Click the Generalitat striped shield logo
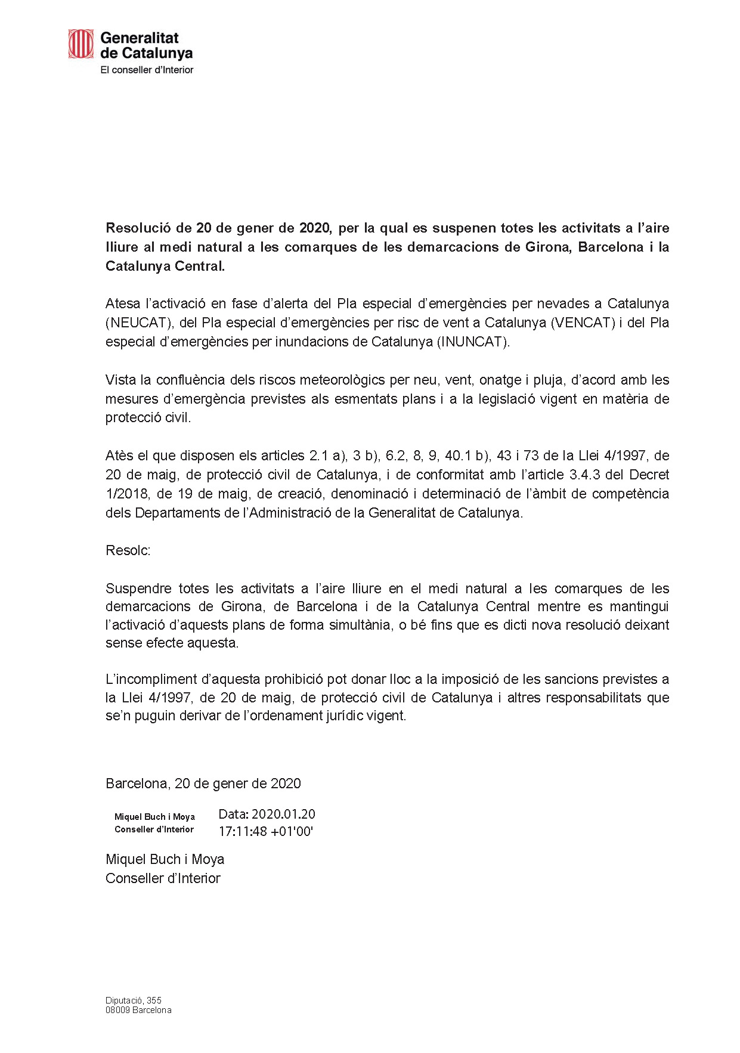(x=80, y=44)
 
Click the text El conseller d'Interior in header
(x=147, y=70)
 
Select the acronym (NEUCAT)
(x=137, y=323)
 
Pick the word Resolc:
(x=128, y=550)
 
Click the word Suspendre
(x=138, y=589)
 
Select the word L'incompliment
(x=151, y=679)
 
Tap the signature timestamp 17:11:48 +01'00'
(x=266, y=831)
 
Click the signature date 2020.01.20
(x=283, y=814)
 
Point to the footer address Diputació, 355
(x=134, y=1001)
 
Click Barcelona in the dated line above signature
(x=137, y=783)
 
